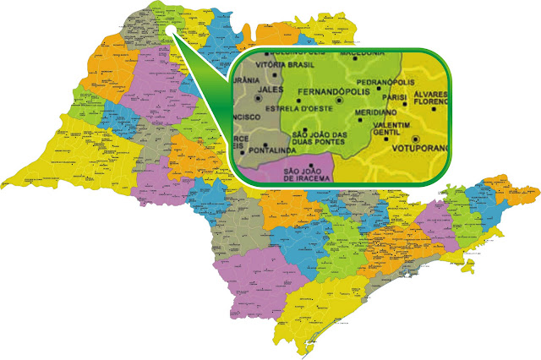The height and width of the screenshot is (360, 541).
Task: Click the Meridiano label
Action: point(375,112)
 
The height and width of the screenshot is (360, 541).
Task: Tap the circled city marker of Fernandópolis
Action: point(339,100)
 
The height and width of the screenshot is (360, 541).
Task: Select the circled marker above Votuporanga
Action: point(415,137)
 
